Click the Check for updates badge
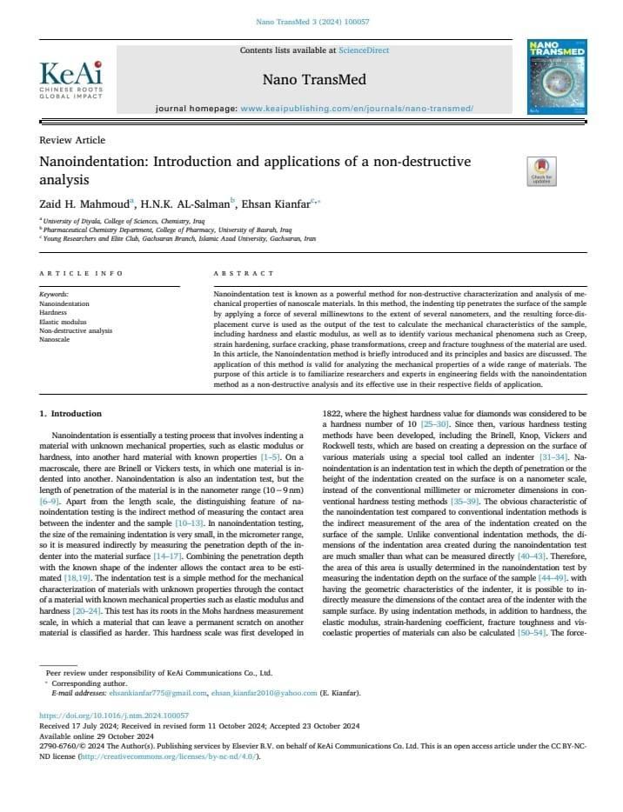click(540, 170)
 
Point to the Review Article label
click(72, 140)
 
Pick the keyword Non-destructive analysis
click(76, 330)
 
